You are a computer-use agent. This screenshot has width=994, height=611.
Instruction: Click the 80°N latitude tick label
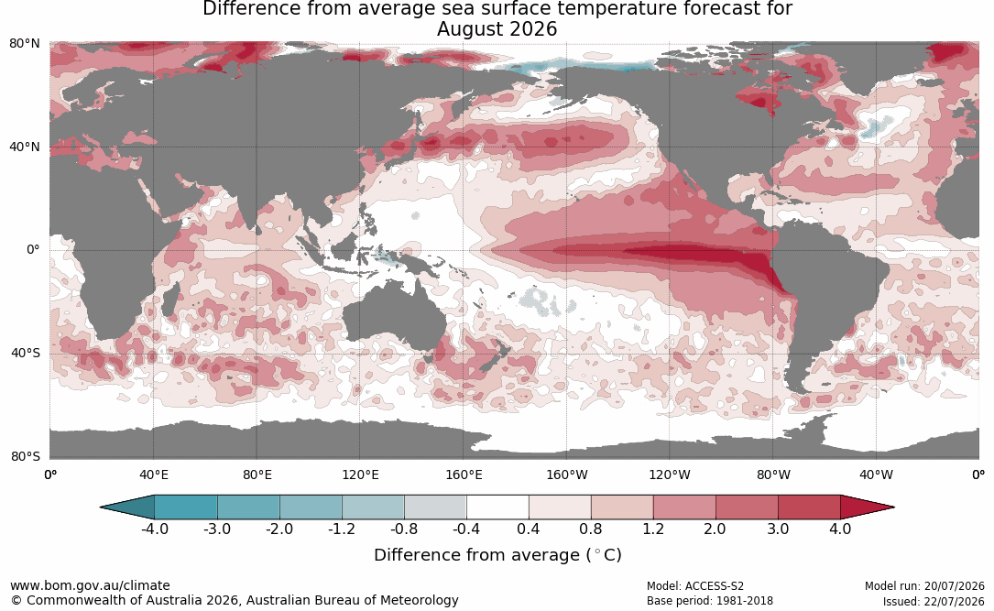pyautogui.click(x=24, y=43)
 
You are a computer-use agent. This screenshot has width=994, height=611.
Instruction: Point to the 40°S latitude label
pyautogui.click(x=26, y=353)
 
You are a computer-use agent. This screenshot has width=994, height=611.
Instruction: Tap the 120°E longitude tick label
pyautogui.click(x=360, y=475)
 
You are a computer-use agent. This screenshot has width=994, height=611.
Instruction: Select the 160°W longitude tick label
pyautogui.click(x=567, y=475)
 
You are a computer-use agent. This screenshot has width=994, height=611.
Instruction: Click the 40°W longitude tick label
pyautogui.click(x=876, y=475)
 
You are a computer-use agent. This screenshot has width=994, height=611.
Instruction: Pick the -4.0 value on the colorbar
pyautogui.click(x=155, y=529)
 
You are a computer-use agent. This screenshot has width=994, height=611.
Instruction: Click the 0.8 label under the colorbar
pyautogui.click(x=590, y=529)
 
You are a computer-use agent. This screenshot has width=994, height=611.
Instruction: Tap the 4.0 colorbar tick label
pyautogui.click(x=840, y=529)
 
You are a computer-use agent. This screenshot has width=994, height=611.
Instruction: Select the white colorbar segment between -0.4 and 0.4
pyautogui.click(x=497, y=507)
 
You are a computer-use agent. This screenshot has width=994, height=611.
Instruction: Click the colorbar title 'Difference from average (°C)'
pyautogui.click(x=497, y=555)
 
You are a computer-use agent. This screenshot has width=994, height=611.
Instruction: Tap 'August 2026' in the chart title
pyautogui.click(x=497, y=29)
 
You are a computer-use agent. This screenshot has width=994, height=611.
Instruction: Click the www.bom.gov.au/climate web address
pyautogui.click(x=90, y=585)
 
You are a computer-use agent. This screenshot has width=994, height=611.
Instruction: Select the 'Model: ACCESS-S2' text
pyautogui.click(x=695, y=586)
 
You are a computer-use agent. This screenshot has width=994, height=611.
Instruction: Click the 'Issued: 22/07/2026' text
pyautogui.click(x=934, y=601)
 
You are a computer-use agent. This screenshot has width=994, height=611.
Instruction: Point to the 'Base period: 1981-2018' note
pyautogui.click(x=710, y=601)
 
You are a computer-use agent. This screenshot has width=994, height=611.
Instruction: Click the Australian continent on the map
pyautogui.click(x=394, y=316)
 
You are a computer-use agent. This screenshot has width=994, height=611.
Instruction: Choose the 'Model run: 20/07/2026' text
pyautogui.click(x=924, y=586)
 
